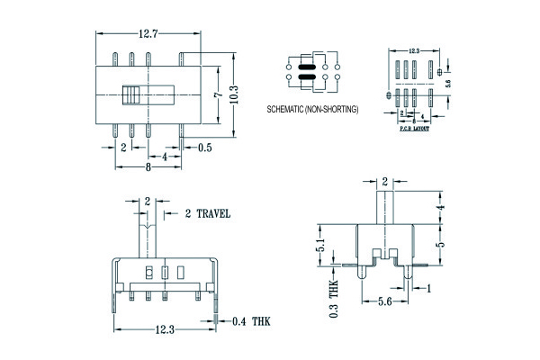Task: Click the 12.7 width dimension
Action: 148,34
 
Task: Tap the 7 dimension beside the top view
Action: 217,94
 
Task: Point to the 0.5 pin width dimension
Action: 204,148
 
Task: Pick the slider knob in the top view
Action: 133,94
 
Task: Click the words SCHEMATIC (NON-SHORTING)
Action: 313,109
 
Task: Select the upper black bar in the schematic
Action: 305,67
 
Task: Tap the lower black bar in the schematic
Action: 305,78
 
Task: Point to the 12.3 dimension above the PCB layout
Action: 415,51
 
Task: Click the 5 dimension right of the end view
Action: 439,244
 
